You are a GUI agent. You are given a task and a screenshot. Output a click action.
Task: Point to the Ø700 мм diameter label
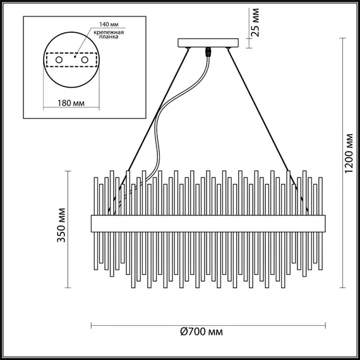(x=201, y=332)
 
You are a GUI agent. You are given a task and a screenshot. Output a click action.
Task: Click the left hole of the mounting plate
(x=59, y=59)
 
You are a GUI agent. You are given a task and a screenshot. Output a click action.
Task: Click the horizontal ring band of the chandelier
(x=208, y=223)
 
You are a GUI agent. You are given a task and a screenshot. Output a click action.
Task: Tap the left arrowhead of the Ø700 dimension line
(x=94, y=327)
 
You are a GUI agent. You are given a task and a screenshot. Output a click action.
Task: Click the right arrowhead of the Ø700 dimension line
(x=324, y=327)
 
